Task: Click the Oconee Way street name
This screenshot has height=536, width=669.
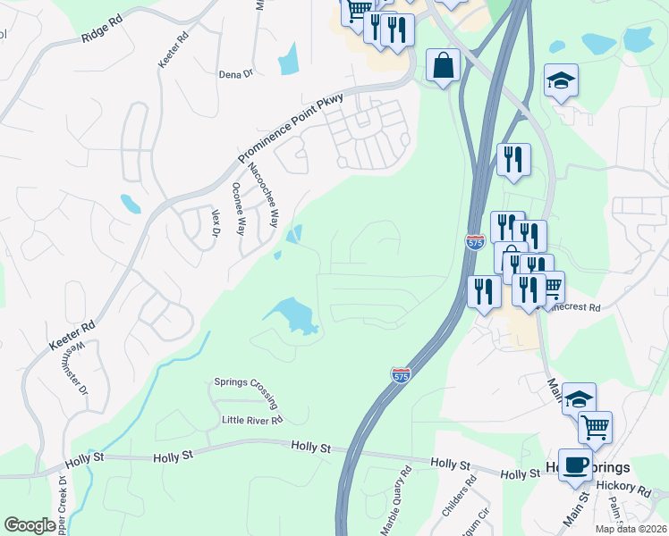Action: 238,208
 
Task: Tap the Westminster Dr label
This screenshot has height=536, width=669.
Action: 78,367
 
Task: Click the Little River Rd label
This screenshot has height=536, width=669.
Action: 252,418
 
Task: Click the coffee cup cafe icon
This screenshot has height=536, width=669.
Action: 575,465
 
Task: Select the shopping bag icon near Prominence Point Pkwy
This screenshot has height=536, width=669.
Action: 443,65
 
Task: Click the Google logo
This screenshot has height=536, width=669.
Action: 30,525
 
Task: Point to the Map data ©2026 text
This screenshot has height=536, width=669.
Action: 631,529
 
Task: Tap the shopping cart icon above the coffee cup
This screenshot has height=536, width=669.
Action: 594,426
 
